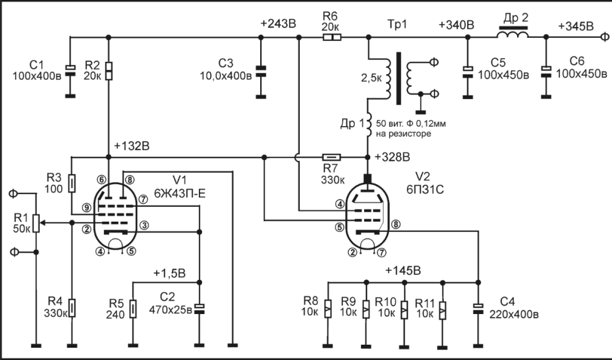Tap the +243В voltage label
[278, 24]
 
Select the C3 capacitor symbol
[261, 70]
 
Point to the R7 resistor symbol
[331, 157]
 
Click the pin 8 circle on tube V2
[395, 225]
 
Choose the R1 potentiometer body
[36, 223]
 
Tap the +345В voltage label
[576, 26]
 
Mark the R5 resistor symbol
[133, 309]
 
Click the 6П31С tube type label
[425, 189]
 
